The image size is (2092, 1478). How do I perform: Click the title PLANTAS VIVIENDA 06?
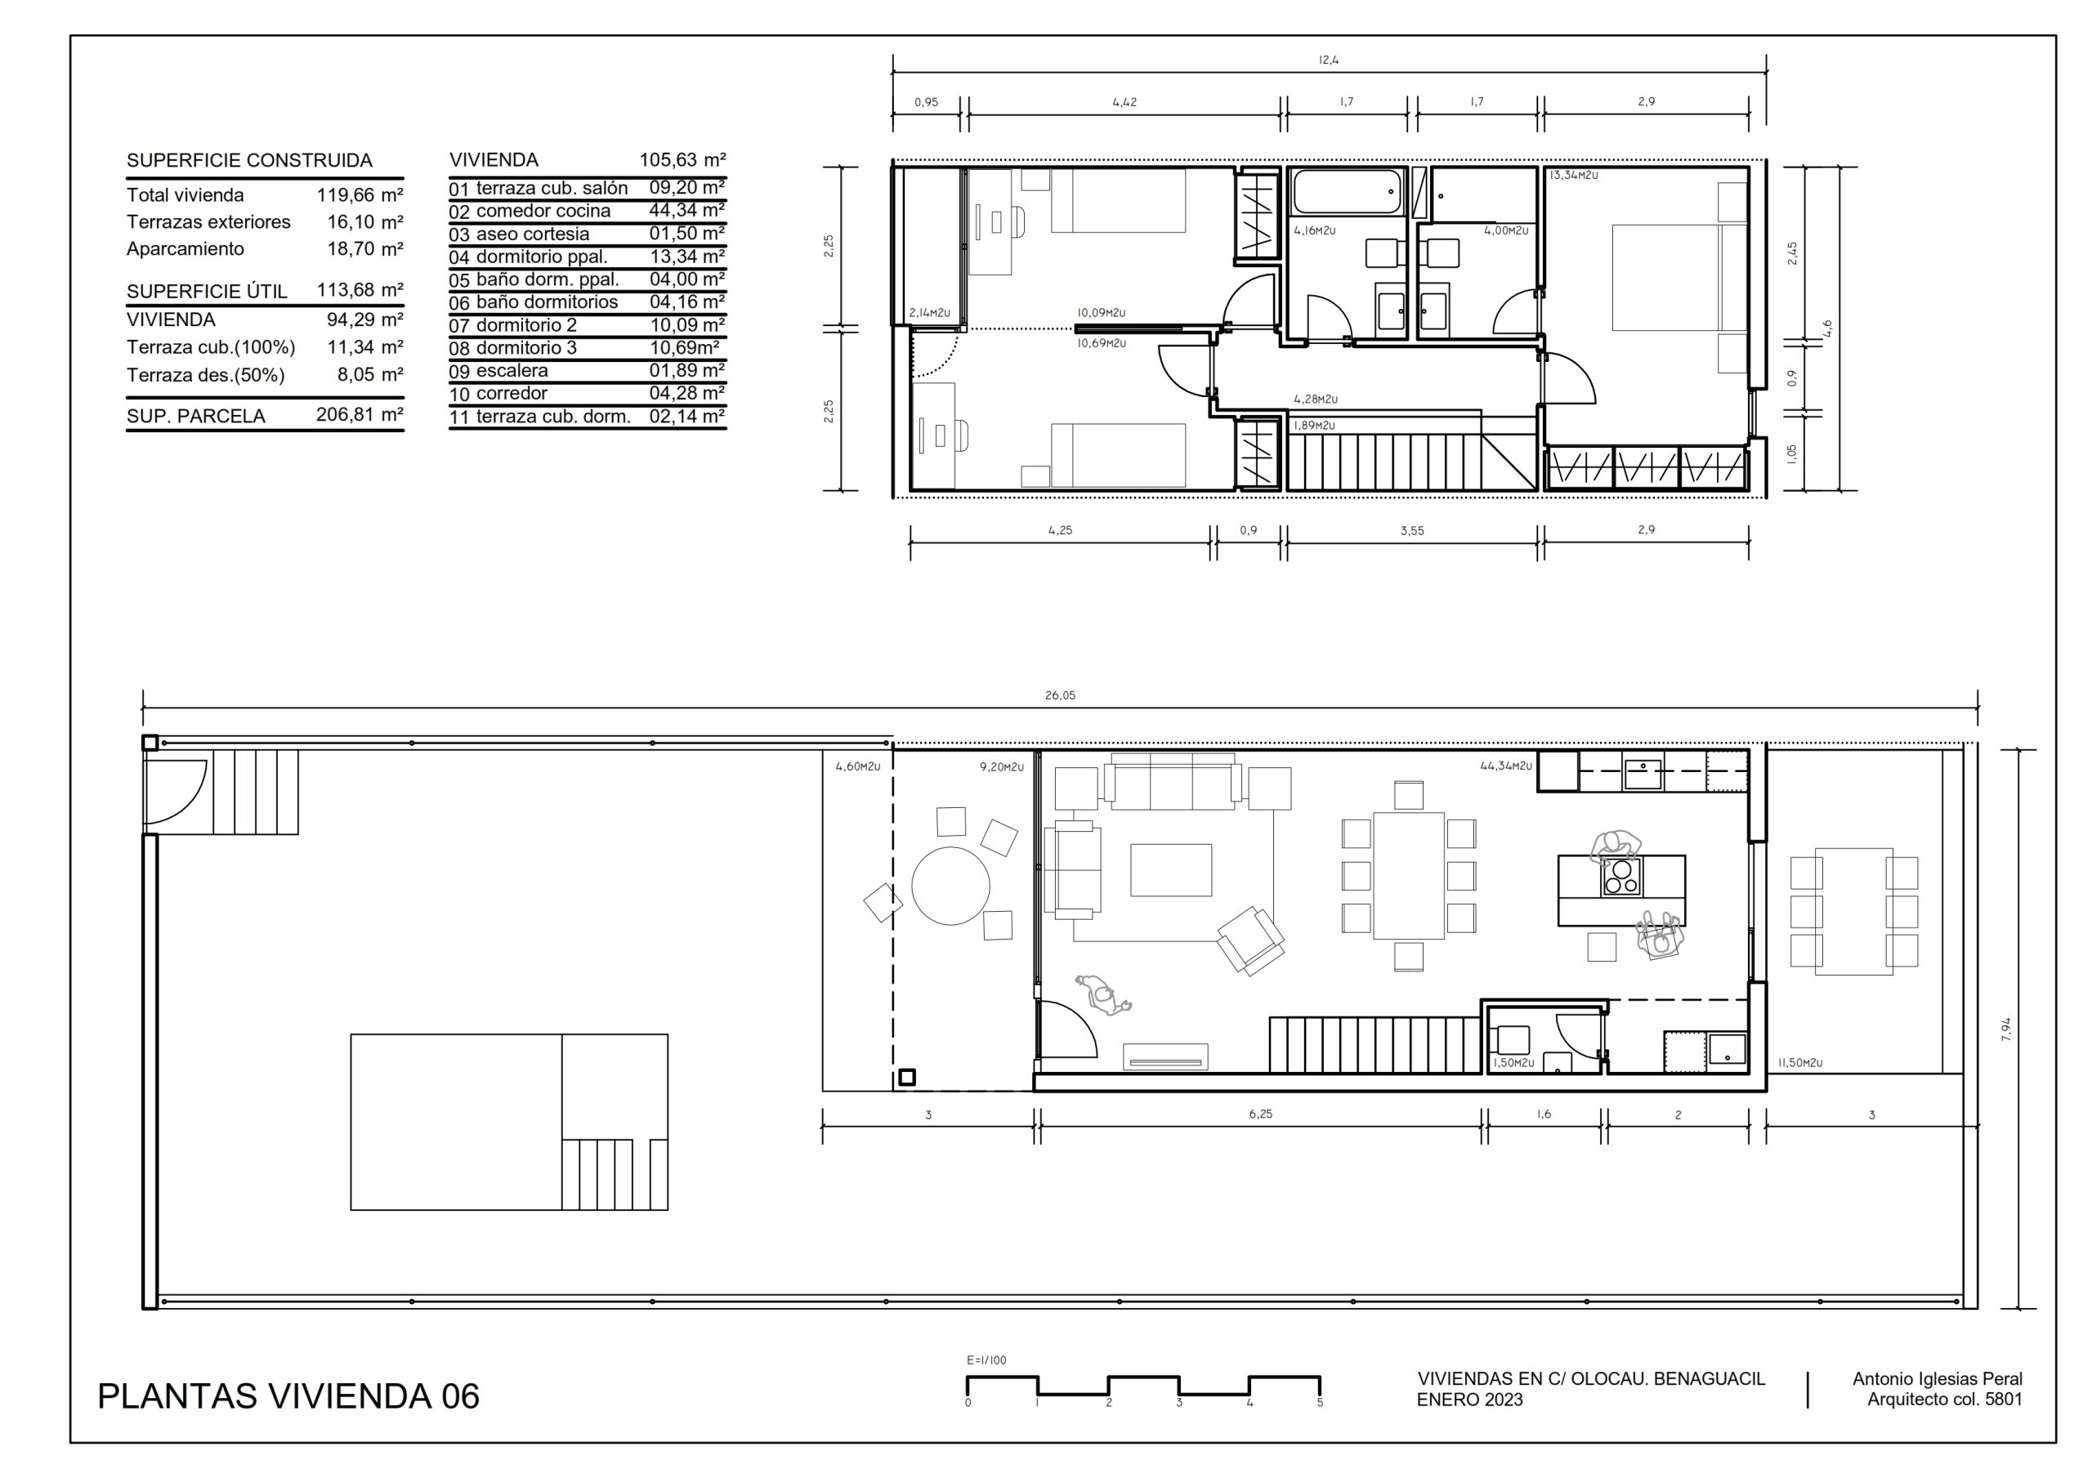click(288, 1396)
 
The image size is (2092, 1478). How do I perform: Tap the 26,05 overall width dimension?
click(1060, 695)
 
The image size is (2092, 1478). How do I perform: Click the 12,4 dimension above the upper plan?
click(1329, 60)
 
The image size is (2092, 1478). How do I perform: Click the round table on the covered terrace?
click(950, 886)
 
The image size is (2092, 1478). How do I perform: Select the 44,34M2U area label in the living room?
click(1506, 766)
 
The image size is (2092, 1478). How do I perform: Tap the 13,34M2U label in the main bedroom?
click(1574, 175)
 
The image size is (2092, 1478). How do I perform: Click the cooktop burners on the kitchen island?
click(1622, 876)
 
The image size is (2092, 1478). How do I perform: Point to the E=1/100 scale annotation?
click(987, 1360)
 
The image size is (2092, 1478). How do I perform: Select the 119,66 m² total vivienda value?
click(360, 195)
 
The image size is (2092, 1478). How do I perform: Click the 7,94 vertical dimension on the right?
click(2005, 1029)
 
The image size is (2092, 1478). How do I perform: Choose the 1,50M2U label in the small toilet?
click(1513, 1062)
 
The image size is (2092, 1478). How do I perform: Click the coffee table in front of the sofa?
click(1171, 870)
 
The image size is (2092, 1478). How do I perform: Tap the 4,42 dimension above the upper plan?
click(1124, 102)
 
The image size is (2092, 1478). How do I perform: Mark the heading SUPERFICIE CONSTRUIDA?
click(250, 160)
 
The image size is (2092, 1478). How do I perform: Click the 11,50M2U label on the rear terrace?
click(1800, 1062)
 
